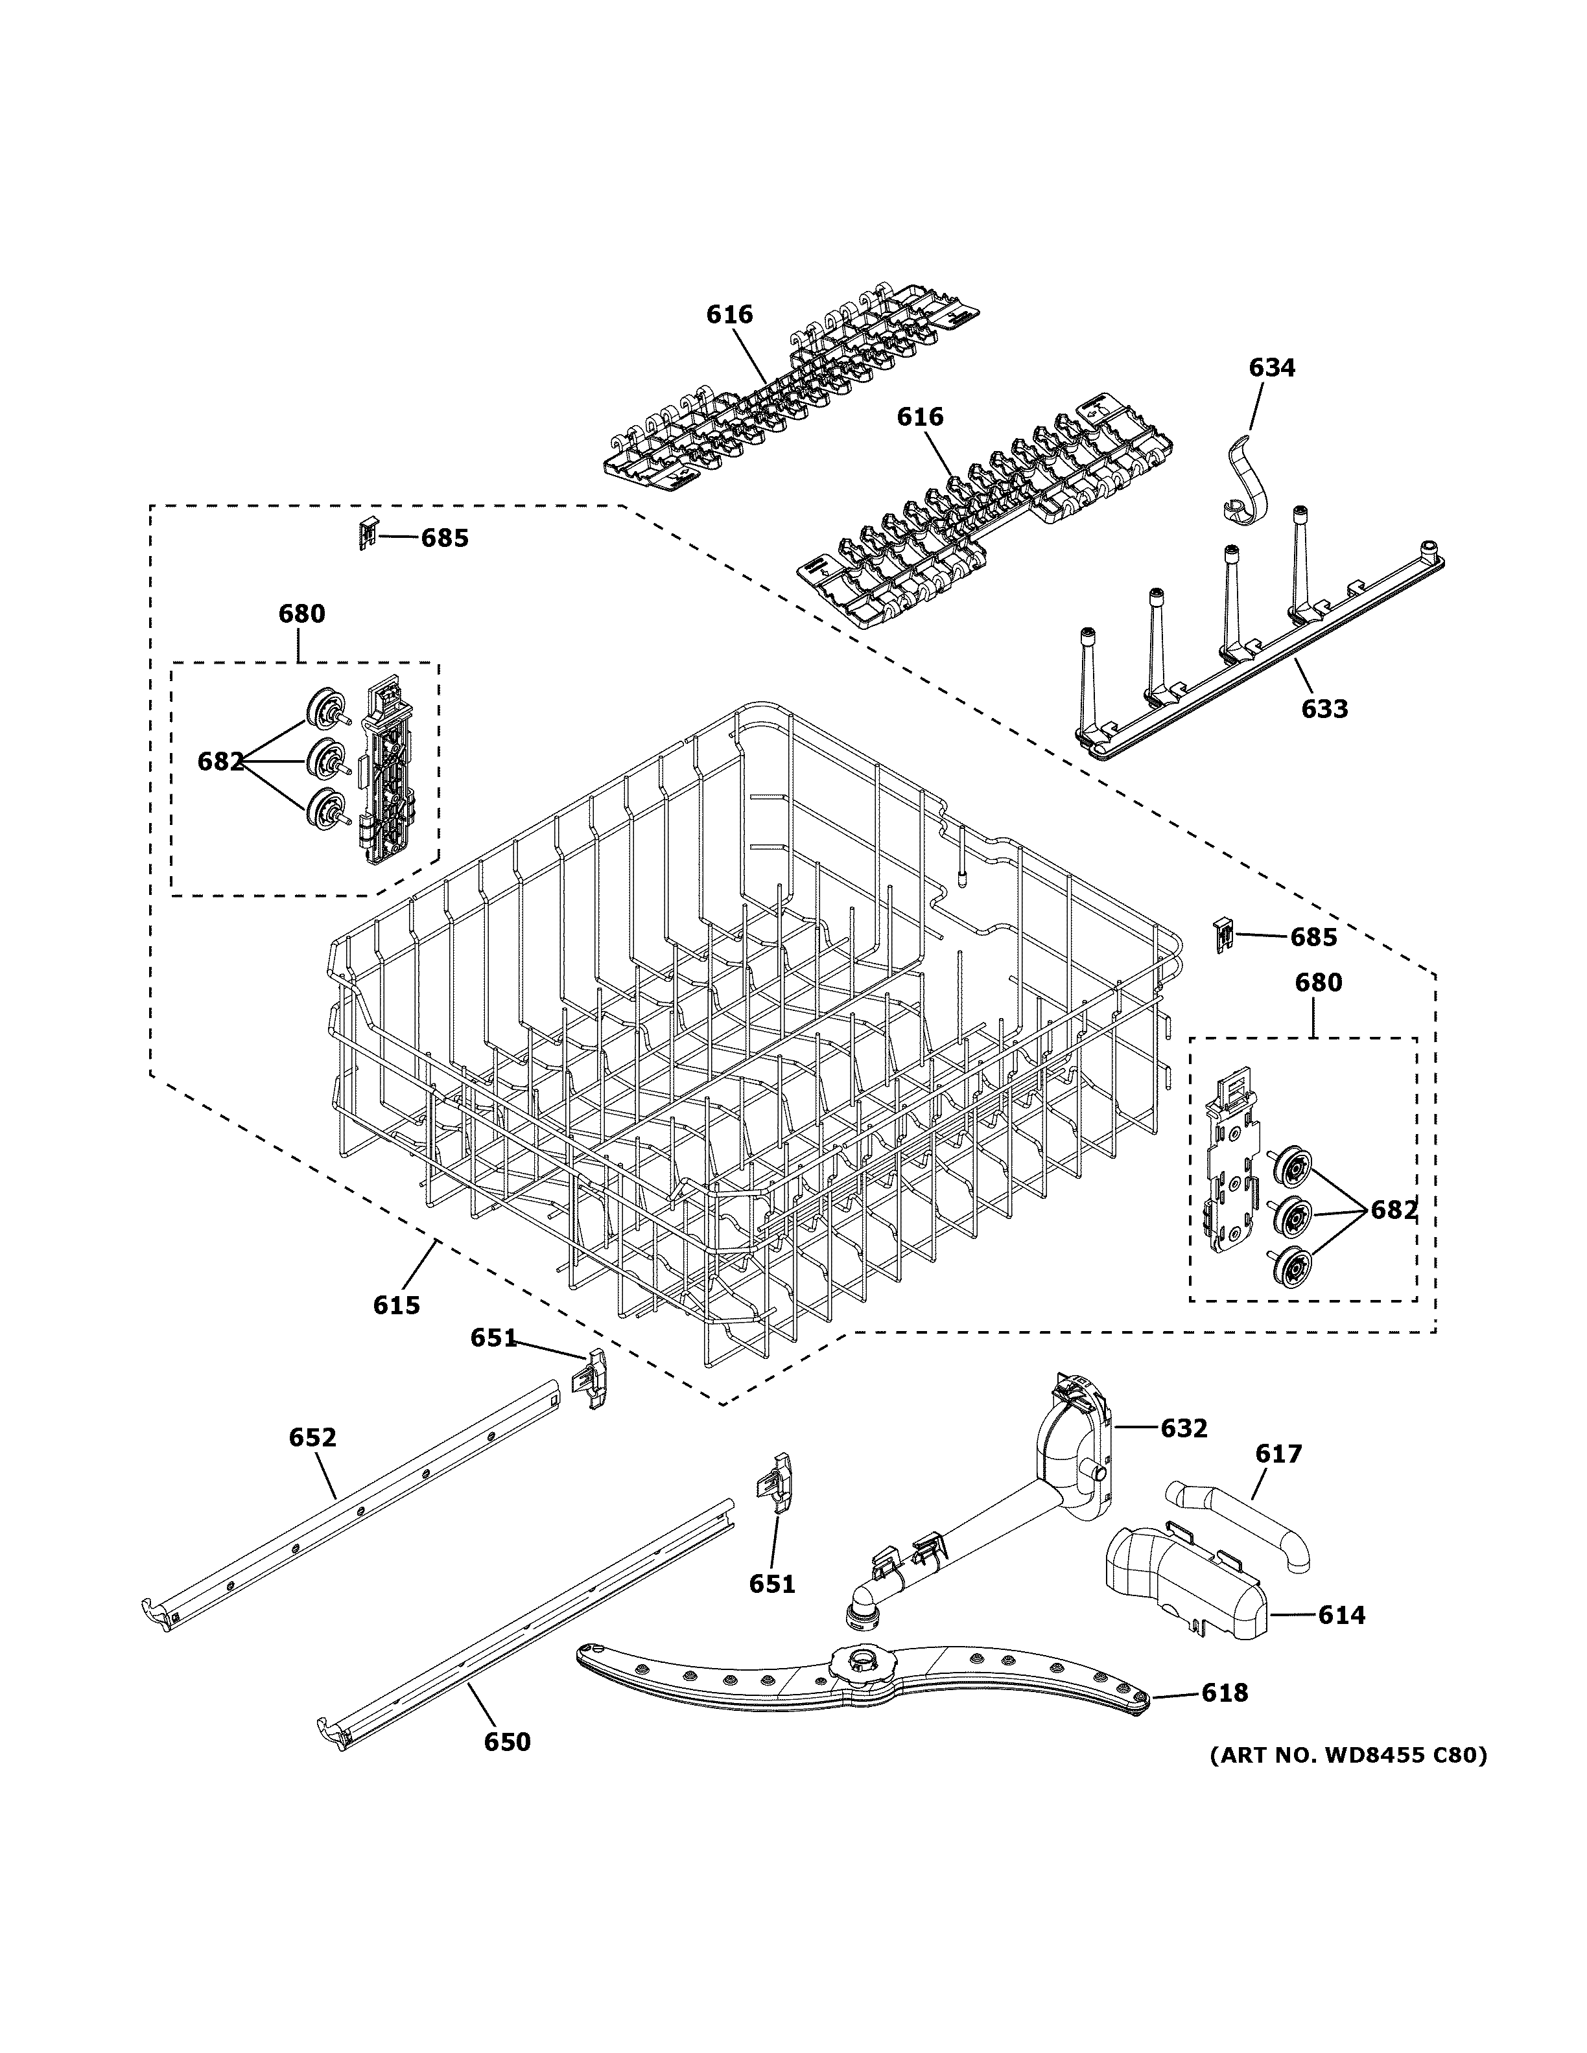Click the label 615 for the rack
click(396, 1305)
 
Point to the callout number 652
click(312, 1437)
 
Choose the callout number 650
click(507, 1742)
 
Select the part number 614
click(1341, 1615)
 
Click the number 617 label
click(1278, 1454)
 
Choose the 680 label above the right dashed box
click(1318, 982)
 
